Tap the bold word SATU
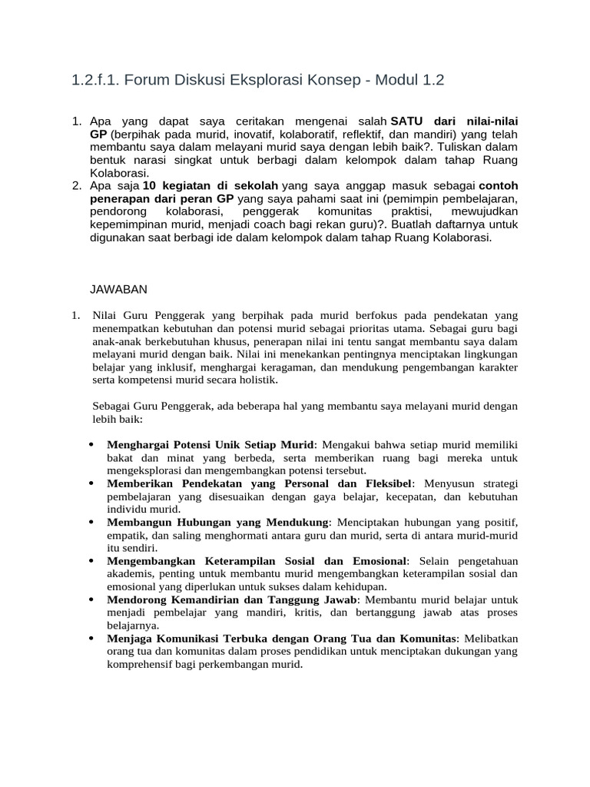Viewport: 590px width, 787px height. (409, 122)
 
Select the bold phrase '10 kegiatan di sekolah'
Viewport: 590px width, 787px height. (212, 186)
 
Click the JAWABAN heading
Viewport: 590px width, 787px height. (119, 289)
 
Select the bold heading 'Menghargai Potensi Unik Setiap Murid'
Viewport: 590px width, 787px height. (210, 445)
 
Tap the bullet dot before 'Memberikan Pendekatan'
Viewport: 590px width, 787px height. (92, 483)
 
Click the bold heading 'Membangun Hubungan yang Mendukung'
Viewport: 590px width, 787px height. (217, 523)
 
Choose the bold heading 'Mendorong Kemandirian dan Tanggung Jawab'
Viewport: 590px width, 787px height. (232, 599)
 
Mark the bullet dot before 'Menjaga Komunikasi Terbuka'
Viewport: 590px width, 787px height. (92, 639)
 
